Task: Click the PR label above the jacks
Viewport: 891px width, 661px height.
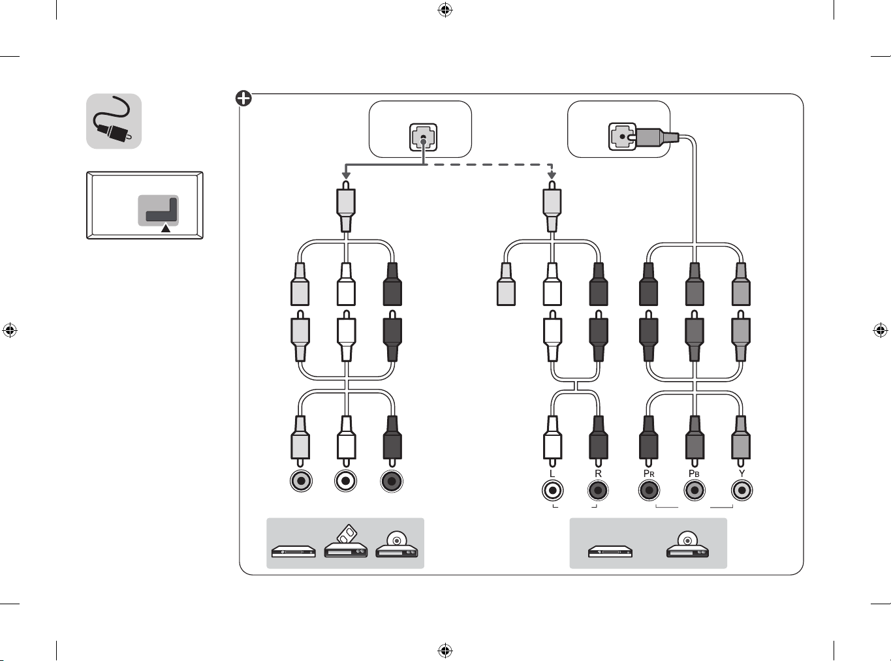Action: [649, 474]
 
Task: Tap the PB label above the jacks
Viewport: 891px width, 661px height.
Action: [694, 474]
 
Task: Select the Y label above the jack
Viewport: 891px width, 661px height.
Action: [742, 474]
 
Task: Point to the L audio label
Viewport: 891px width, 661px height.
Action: [552, 474]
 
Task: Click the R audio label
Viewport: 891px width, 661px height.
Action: [598, 474]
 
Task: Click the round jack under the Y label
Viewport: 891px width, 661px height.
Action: [742, 490]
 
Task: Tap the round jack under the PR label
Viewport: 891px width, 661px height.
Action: [649, 490]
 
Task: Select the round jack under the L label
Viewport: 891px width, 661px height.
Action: [552, 490]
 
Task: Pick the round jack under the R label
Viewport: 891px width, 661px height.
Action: [598, 490]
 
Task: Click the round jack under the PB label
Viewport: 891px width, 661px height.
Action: [695, 490]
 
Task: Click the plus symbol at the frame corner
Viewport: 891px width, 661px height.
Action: [243, 99]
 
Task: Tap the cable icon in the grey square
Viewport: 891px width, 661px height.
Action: [114, 121]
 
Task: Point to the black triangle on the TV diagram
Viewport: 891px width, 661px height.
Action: [166, 228]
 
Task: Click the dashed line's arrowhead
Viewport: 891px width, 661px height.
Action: [552, 176]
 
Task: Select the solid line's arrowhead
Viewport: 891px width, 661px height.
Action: [346, 176]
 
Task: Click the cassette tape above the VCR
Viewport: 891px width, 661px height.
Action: [347, 534]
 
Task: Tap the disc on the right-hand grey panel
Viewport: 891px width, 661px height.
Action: [687, 540]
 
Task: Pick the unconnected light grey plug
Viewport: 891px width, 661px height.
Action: [506, 284]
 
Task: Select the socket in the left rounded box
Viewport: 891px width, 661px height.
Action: [423, 137]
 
